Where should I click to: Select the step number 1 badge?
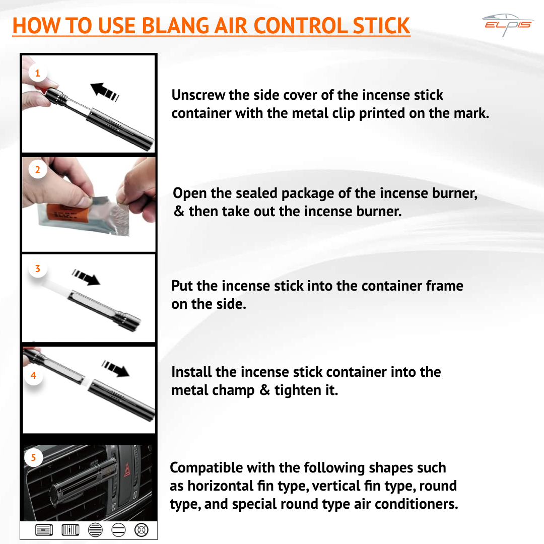pos(37,73)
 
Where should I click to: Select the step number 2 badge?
pos(37,170)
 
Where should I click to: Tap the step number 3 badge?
pos(37,268)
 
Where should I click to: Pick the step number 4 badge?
pos(33,375)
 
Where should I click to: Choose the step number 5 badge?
pos(33,457)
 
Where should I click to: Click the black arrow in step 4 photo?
pos(116,369)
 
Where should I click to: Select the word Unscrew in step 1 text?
pos(198,95)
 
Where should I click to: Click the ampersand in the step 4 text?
pos(265,390)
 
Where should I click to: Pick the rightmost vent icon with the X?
pos(142,529)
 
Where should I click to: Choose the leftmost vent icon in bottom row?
pos(43,529)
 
